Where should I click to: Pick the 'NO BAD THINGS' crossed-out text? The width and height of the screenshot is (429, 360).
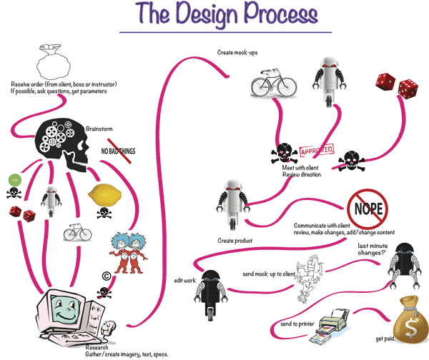click(x=118, y=151)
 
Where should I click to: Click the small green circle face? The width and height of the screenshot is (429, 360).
click(x=13, y=181)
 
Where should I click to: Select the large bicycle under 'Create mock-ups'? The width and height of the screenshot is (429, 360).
click(x=272, y=85)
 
